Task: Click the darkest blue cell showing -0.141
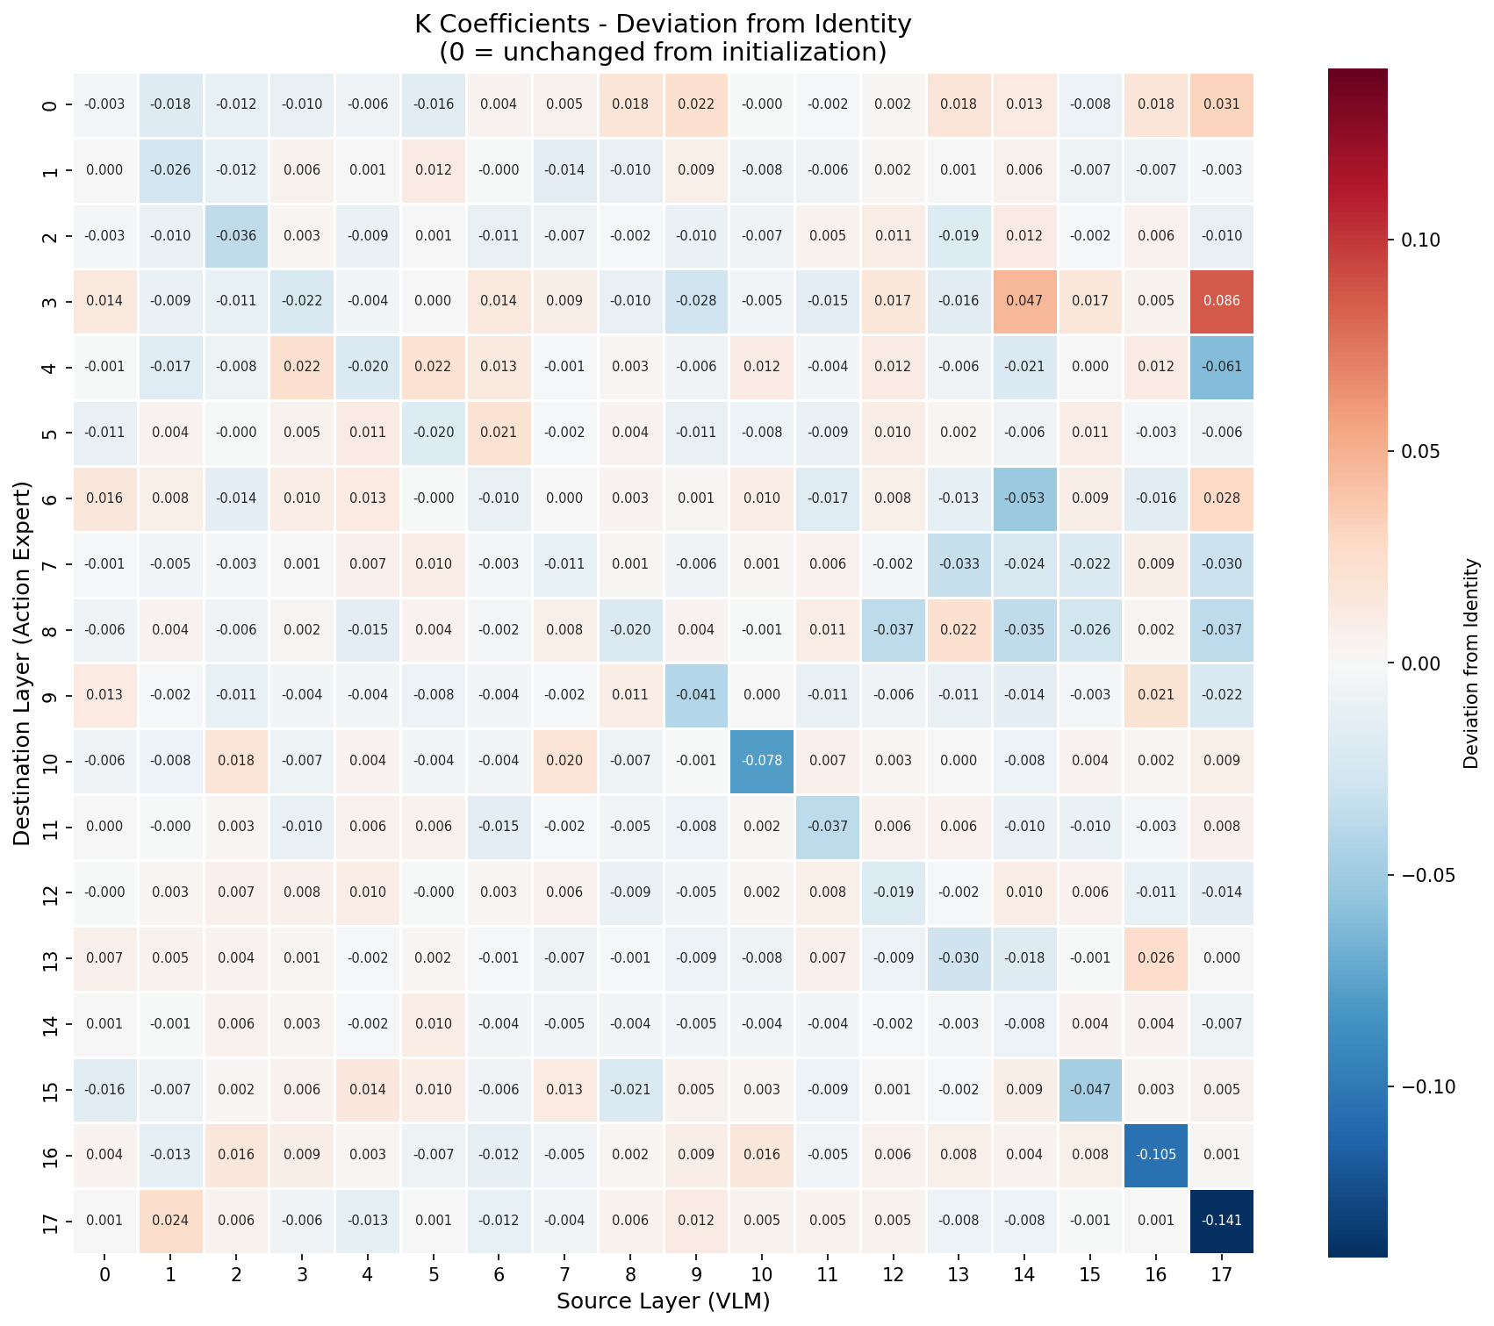click(1221, 1221)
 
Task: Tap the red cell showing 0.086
click(1221, 301)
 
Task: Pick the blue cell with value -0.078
click(761, 761)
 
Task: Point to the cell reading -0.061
click(1221, 367)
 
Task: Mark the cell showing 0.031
click(1221, 104)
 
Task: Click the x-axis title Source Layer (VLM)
click(663, 1301)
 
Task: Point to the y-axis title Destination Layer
click(23, 663)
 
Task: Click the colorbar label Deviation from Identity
click(1471, 663)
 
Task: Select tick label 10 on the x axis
click(761, 1274)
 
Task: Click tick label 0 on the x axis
click(104, 1274)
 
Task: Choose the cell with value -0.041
click(696, 695)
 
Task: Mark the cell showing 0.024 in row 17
click(170, 1221)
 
